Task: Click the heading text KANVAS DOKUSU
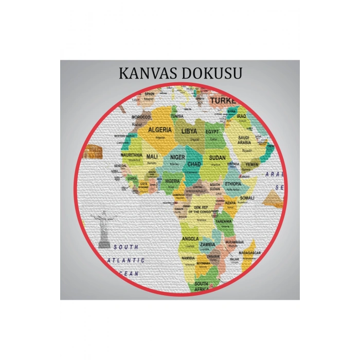coord(180,73)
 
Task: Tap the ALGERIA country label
coord(160,130)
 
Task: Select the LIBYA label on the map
coord(189,131)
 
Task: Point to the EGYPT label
coord(212,132)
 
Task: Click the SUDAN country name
coord(217,158)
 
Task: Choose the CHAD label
coord(194,164)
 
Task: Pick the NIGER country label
coord(177,157)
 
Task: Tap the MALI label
coord(152,156)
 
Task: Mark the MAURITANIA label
coord(131,155)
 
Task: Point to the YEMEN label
coord(251,165)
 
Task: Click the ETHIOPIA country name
coord(233,184)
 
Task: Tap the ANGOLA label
coord(190,239)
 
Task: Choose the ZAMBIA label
coord(208,244)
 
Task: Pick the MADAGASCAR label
coord(250,253)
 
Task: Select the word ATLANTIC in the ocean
coord(127,261)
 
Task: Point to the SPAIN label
coord(150,94)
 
